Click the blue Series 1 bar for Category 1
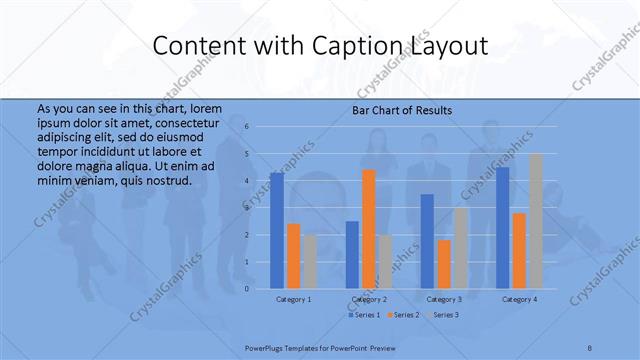tap(276, 231)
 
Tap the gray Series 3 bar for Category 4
tap(535, 221)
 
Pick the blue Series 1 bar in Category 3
tap(427, 241)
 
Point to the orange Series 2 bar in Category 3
tap(443, 264)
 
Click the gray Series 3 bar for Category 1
tap(309, 262)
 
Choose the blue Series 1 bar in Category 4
tap(502, 228)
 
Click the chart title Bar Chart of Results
tap(402, 110)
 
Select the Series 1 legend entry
tap(364, 315)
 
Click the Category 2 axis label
tap(369, 299)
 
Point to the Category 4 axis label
tap(519, 299)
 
